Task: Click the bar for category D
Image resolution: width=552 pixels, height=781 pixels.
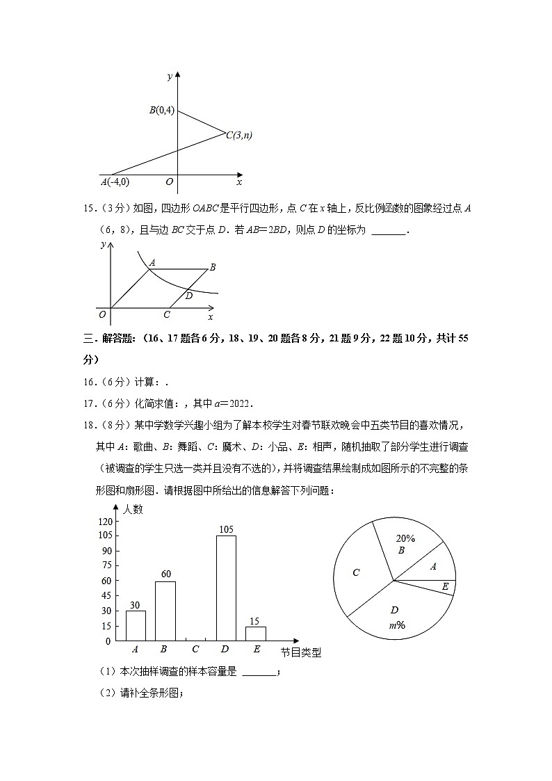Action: [x=226, y=588]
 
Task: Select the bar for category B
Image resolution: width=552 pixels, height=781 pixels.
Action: [x=165, y=611]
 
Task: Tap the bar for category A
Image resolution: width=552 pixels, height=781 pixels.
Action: [x=136, y=625]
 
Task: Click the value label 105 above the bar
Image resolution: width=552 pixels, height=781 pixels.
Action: [x=226, y=529]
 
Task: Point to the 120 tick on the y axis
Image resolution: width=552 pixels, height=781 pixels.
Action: [x=104, y=522]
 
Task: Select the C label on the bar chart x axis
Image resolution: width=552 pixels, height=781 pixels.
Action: [x=195, y=650]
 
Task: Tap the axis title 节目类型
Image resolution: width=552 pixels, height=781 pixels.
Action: [x=301, y=652]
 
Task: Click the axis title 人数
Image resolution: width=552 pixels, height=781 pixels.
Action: [x=133, y=509]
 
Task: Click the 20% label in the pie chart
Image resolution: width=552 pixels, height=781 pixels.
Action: [x=405, y=538]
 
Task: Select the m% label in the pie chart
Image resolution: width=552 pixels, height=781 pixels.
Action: [x=397, y=625]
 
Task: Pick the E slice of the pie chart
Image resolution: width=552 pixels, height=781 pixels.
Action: [x=441, y=587]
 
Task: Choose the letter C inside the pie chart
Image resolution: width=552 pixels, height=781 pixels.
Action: [x=356, y=573]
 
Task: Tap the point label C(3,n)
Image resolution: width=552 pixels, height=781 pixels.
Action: [x=238, y=136]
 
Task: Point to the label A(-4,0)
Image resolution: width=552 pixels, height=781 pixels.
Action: [x=115, y=182]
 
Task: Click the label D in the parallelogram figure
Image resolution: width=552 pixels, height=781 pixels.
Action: [x=188, y=296]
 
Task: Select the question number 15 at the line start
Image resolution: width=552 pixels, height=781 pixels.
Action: [x=88, y=208]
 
